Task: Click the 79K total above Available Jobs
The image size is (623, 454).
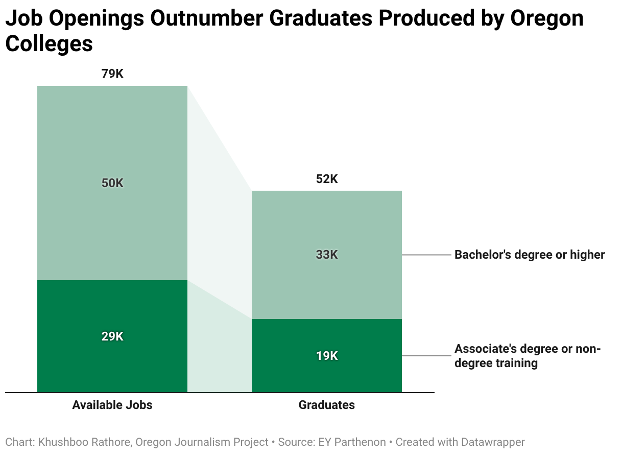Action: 112,74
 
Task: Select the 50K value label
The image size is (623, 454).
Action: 112,183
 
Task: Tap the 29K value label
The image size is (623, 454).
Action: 112,336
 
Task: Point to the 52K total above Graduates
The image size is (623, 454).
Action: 327,179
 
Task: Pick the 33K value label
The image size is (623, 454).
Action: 327,255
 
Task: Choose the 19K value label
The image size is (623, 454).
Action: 327,356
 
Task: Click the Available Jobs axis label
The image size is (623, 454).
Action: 112,405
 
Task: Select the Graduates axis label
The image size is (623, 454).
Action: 327,405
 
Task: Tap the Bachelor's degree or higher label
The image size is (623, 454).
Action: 530,255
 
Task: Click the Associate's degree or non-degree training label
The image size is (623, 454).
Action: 528,356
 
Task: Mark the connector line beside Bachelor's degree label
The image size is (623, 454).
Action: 426,255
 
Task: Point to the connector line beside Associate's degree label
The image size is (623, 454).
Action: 426,356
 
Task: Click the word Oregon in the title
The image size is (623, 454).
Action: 547,19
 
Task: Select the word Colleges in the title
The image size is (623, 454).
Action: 49,44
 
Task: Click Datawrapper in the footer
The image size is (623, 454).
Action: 493,442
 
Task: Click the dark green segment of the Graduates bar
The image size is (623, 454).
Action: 327,356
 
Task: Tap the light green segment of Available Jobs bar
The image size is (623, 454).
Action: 112,183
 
